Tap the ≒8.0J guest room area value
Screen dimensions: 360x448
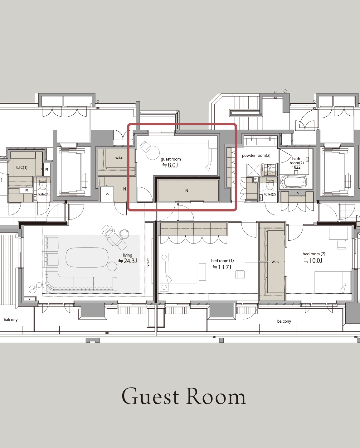[170, 165]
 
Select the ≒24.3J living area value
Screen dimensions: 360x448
[128, 261]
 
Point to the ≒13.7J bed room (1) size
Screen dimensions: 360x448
[222, 267]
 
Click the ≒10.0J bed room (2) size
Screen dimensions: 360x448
[313, 260]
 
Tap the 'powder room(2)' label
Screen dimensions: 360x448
[256, 155]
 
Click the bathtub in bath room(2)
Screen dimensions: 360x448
[294, 181]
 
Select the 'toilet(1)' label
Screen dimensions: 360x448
[44, 194]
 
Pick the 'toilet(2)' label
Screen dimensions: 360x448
[270, 194]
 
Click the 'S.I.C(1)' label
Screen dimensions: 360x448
[22, 167]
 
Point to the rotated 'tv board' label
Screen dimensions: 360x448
[148, 263]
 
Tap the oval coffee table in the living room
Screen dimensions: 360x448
[87, 258]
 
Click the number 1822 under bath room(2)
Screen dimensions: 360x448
[296, 167]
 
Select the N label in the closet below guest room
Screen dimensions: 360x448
[187, 190]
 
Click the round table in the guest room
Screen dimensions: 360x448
[153, 153]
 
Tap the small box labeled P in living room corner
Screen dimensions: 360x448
[30, 299]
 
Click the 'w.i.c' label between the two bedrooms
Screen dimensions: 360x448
[275, 262]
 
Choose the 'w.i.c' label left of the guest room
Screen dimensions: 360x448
[119, 157]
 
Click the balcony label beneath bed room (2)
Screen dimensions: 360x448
[284, 321]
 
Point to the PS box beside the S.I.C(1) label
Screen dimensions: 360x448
[47, 170]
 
